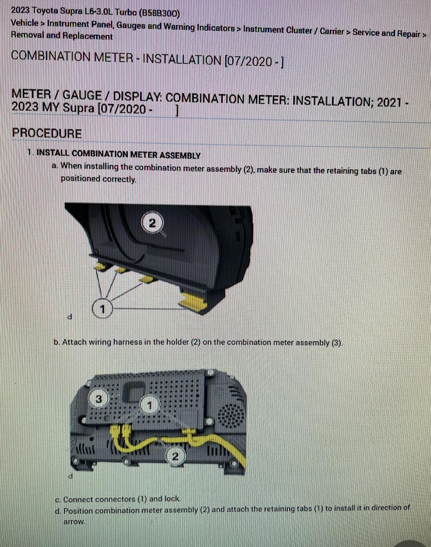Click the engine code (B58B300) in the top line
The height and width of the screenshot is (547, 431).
[x=160, y=13]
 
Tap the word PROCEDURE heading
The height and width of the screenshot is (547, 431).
[x=47, y=133]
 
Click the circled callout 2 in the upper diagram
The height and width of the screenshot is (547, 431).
[x=152, y=223]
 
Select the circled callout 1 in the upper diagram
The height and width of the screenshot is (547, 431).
[x=102, y=309]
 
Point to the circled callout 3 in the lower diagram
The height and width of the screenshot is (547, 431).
[x=98, y=399]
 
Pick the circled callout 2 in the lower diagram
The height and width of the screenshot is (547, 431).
[x=175, y=457]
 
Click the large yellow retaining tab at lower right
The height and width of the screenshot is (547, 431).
[x=194, y=301]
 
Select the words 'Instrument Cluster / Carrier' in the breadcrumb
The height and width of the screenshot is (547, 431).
[x=293, y=31]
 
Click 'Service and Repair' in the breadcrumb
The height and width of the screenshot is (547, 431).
[x=387, y=33]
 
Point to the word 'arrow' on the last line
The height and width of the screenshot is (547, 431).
[x=74, y=522]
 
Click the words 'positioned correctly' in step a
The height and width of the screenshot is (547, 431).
[x=98, y=179]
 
